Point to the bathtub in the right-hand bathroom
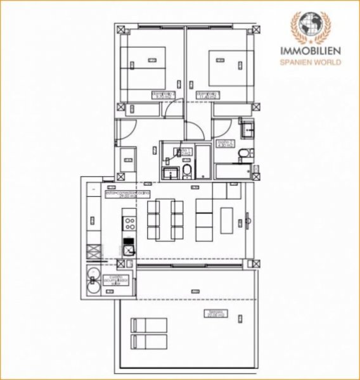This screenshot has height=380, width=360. click(x=233, y=171)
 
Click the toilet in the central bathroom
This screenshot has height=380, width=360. click(x=187, y=173)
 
